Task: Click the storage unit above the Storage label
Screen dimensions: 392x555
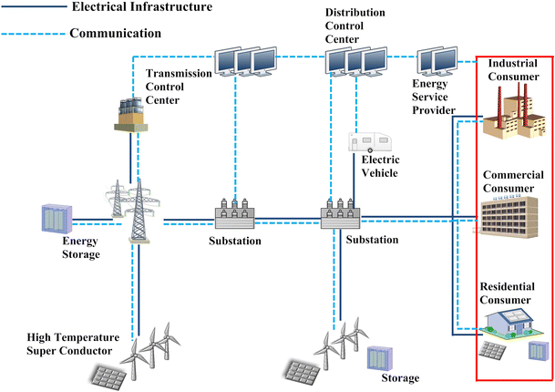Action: (380, 357)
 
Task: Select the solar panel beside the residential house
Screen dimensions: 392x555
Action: (493, 351)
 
